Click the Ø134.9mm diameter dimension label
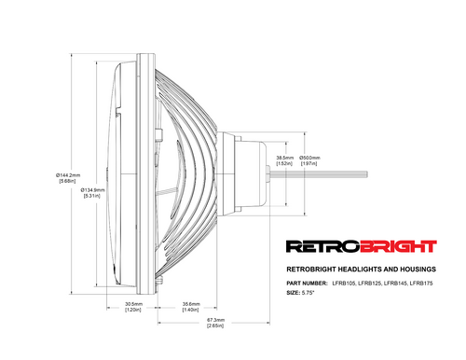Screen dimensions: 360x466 (95, 191)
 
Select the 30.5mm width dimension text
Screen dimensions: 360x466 (132, 305)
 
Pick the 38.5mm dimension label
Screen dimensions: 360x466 (285, 159)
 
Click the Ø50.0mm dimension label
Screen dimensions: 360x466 (309, 159)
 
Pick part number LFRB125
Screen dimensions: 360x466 (374, 282)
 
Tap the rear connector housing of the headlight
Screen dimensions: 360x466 (252, 173)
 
